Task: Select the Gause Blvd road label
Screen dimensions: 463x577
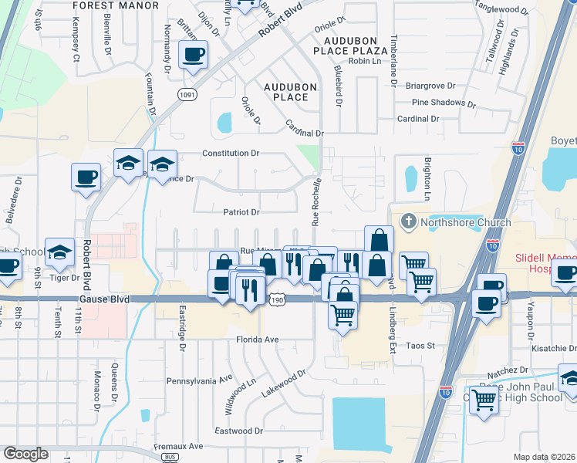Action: coord(103,298)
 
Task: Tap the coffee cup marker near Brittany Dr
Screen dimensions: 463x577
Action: coord(193,56)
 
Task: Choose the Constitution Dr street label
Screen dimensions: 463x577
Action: coord(231,154)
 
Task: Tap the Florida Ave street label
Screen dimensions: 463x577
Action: coord(258,339)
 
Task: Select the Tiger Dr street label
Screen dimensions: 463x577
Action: coord(65,278)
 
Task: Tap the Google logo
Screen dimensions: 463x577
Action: coord(25,454)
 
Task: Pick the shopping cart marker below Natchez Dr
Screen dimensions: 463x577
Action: coord(484,400)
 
